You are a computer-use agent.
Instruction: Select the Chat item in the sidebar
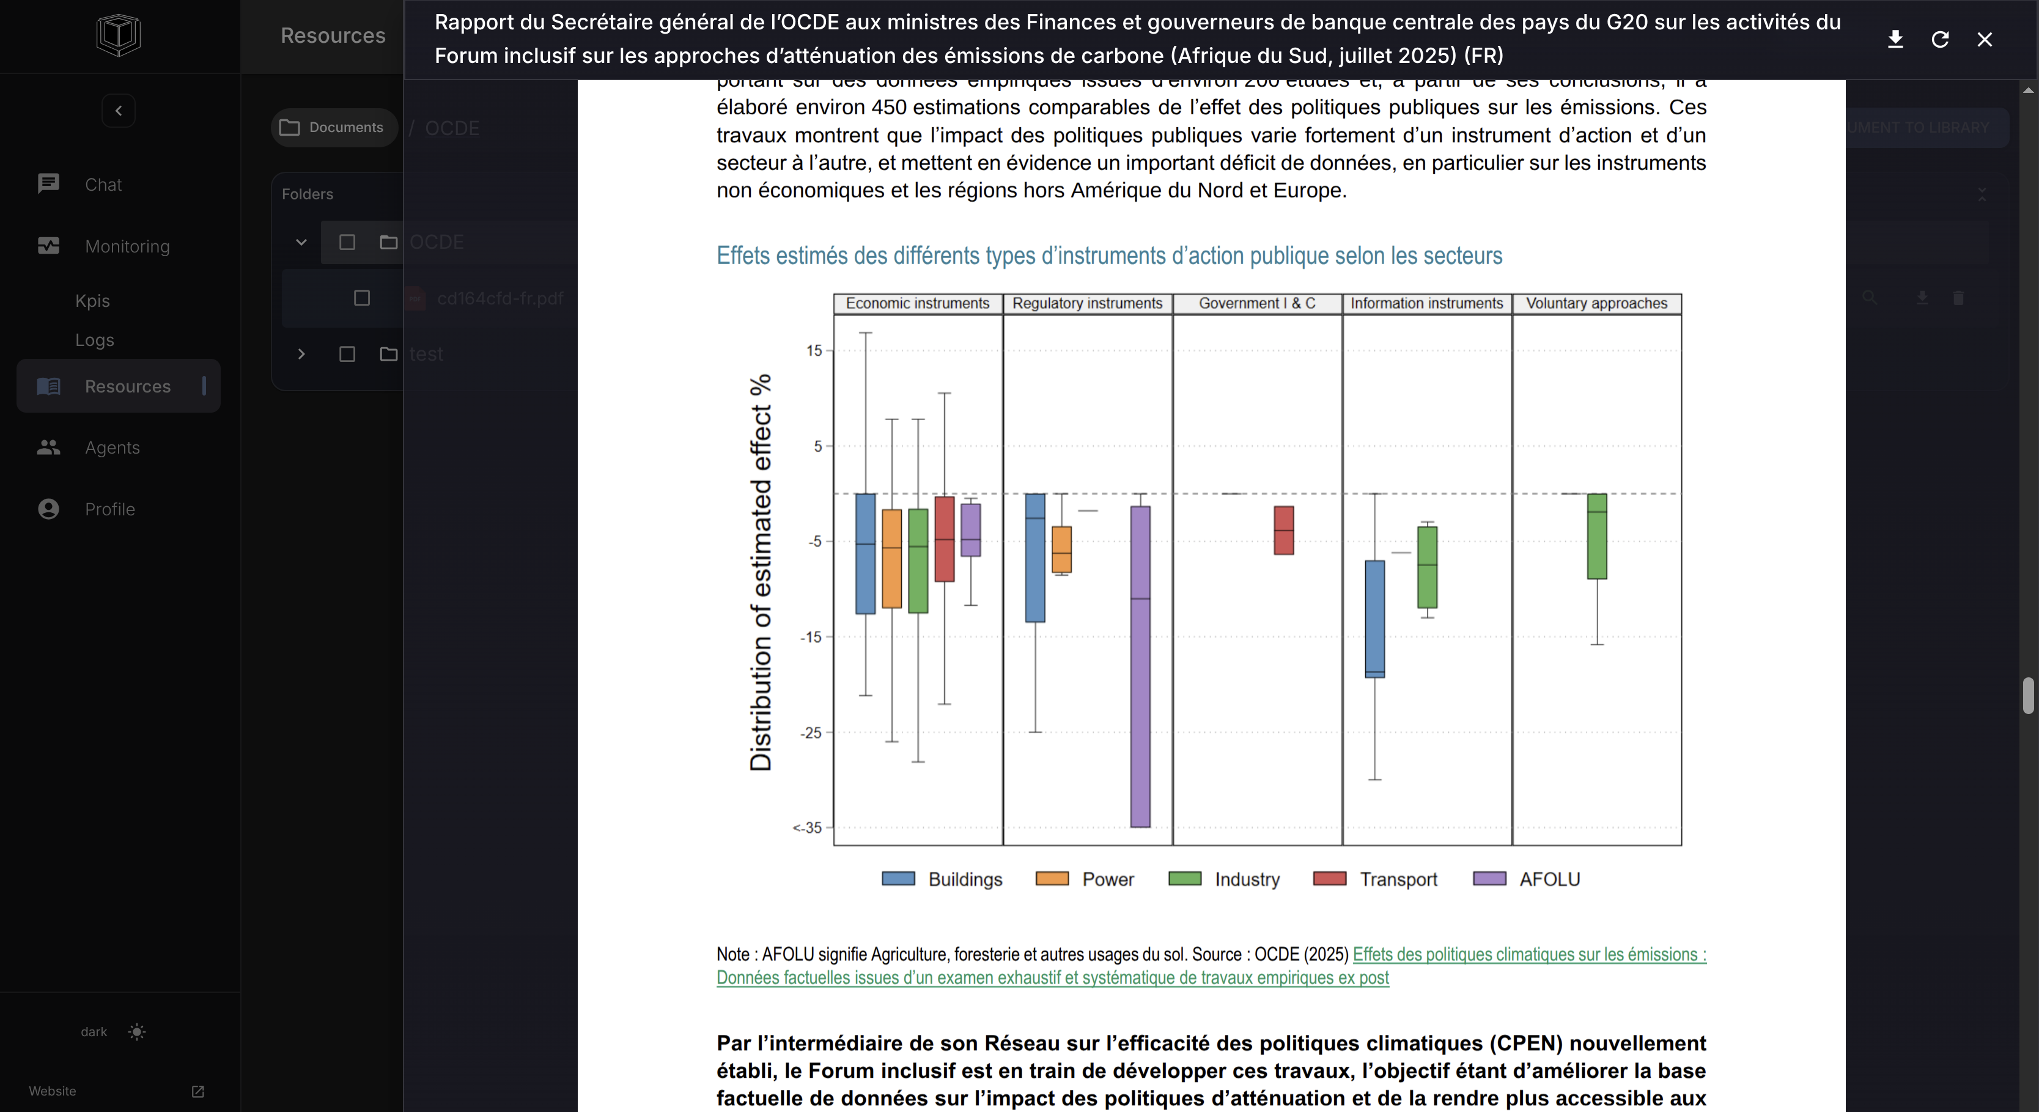pyautogui.click(x=103, y=185)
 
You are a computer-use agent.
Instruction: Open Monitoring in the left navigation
pyautogui.click(x=127, y=246)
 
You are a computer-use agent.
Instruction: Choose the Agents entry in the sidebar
pyautogui.click(x=112, y=447)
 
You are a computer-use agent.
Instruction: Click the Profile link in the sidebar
pyautogui.click(x=109, y=509)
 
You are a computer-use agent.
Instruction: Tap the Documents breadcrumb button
pyautogui.click(x=333, y=127)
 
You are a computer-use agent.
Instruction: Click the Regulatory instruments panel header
pyautogui.click(x=1087, y=303)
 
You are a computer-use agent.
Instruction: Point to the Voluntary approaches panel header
pyautogui.click(x=1596, y=303)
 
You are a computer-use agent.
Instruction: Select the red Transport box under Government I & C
pyautogui.click(x=1283, y=530)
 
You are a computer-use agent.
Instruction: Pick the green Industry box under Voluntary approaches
pyautogui.click(x=1596, y=537)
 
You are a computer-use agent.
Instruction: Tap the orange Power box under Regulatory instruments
pyautogui.click(x=1061, y=549)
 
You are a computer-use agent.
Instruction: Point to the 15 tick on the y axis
pyautogui.click(x=814, y=351)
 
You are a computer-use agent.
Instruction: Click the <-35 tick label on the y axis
pyautogui.click(x=808, y=828)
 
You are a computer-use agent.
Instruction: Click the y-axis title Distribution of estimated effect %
pyautogui.click(x=760, y=572)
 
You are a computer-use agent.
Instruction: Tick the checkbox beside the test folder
pyautogui.click(x=347, y=354)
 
